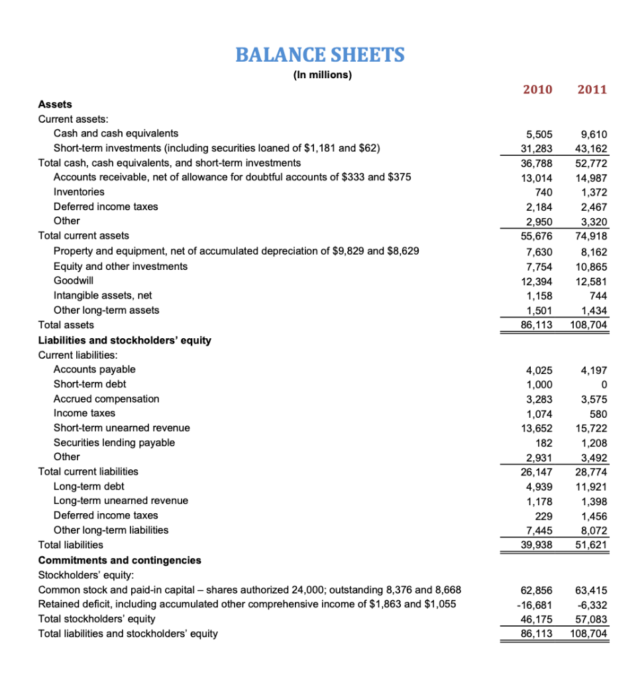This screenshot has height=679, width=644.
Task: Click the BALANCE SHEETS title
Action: click(320, 54)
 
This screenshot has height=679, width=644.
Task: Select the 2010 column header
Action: click(537, 90)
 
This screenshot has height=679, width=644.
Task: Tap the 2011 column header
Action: click(592, 90)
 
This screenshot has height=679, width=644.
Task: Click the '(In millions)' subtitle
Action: click(322, 75)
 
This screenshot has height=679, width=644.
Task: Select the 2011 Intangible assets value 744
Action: click(598, 295)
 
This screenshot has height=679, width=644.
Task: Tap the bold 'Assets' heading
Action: click(55, 104)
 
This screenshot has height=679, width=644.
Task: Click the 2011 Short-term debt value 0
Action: click(603, 385)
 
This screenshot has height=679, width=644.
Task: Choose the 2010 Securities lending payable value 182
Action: click(544, 442)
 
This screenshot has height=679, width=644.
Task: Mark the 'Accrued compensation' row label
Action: click(106, 399)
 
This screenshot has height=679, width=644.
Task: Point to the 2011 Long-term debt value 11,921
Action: click(591, 486)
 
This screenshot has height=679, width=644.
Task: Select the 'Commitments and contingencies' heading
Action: click(120, 560)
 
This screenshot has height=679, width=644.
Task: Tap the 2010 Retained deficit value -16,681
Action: click(536, 604)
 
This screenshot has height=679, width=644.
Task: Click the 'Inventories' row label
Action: click(79, 192)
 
